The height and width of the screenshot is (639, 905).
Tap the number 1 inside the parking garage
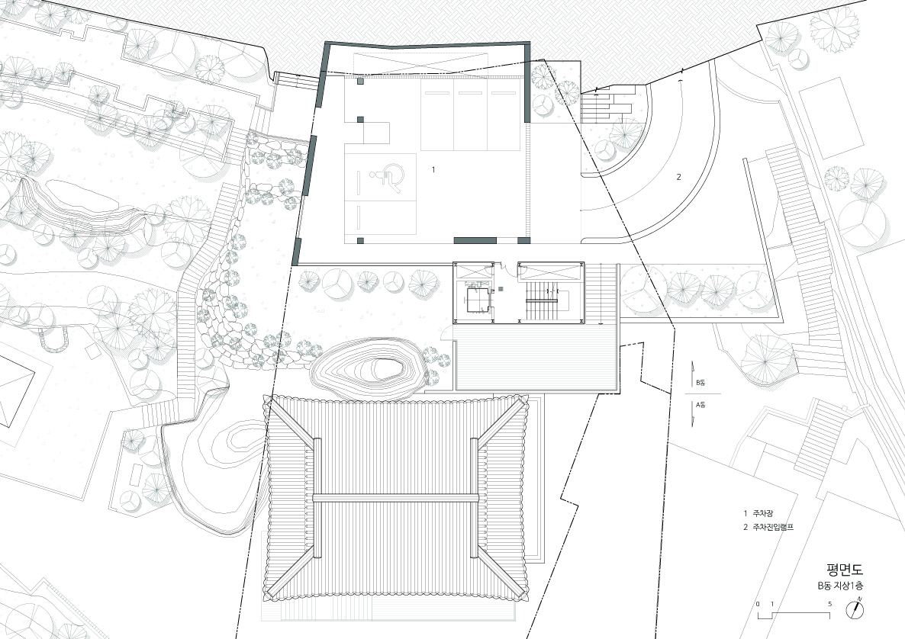click(433, 169)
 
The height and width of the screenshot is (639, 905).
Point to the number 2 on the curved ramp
click(679, 177)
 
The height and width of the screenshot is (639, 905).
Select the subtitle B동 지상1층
click(840, 586)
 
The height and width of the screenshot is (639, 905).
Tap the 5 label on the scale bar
click(829, 604)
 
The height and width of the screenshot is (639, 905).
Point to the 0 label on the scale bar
click(758, 604)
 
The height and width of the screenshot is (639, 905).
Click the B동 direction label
click(700, 382)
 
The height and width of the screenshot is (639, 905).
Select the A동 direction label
click(700, 405)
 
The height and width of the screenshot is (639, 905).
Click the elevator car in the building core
click(478, 297)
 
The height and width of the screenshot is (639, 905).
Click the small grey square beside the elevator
click(501, 288)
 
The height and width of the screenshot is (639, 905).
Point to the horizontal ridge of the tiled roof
click(396, 498)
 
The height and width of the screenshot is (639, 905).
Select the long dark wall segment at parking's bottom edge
click(475, 240)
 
